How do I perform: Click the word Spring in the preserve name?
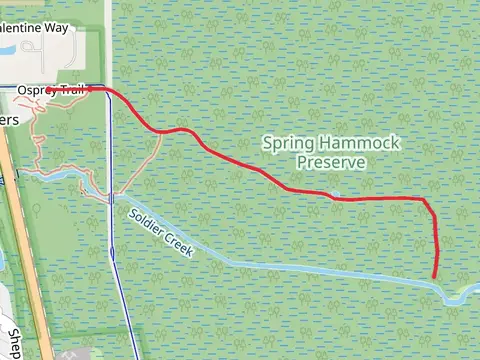coord(286,143)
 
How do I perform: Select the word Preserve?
coord(330,161)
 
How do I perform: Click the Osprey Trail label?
coord(50,91)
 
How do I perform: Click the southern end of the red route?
coord(434,277)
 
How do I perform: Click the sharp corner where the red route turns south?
coord(427,201)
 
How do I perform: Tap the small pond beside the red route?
coord(336,193)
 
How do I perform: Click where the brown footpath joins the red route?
coord(160,131)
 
